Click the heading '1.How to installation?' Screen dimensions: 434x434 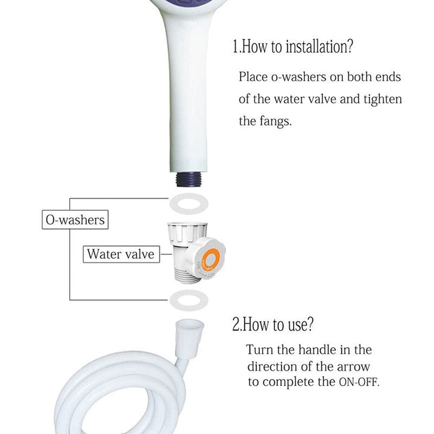tap(293, 46)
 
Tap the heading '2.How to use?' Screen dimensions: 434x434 tap(273, 324)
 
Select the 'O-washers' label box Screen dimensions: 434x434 tap(75, 220)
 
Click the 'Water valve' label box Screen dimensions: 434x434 tap(121, 254)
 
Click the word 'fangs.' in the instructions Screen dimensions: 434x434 tap(275, 121)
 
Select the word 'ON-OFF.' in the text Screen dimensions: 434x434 tap(359, 382)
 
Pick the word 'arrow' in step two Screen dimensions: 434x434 tap(353, 367)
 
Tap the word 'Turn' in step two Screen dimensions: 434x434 tap(260, 350)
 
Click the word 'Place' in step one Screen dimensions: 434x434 tap(253, 77)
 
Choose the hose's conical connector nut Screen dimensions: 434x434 tap(189, 338)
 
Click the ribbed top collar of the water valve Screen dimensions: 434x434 tap(187, 232)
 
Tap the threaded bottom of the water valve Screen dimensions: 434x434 tap(188, 275)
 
